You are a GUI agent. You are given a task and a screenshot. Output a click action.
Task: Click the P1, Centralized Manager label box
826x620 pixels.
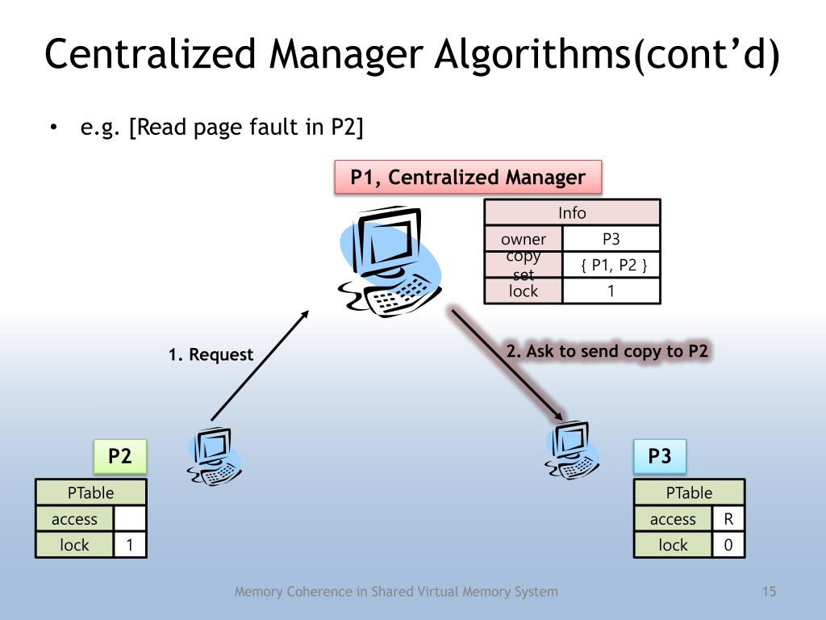[x=468, y=178]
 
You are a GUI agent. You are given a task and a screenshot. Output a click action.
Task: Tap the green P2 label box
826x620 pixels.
[x=119, y=456]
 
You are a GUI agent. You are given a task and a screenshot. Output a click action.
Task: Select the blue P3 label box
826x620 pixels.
[x=660, y=456]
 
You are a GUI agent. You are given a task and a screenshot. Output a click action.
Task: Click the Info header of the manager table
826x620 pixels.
[x=572, y=213]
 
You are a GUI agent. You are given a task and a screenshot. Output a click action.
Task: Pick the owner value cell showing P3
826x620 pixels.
[x=611, y=239]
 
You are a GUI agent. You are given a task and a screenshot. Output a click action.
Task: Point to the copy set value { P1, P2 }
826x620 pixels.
[x=611, y=265]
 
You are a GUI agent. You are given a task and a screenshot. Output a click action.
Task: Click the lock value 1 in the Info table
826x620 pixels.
[x=611, y=291]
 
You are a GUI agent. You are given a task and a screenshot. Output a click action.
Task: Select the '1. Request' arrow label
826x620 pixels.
[x=211, y=354]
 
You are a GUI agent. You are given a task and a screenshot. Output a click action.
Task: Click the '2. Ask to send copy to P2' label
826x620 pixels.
[x=607, y=351]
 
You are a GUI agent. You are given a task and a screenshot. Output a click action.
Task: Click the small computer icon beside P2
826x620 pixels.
[x=215, y=456]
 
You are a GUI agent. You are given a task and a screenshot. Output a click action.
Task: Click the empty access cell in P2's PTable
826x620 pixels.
[x=130, y=519]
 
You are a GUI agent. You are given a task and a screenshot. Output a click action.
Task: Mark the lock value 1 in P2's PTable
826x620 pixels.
[x=130, y=545]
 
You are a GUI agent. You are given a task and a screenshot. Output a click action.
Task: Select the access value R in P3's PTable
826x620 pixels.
[x=728, y=519]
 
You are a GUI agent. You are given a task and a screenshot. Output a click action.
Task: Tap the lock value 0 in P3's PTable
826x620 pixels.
[x=728, y=545]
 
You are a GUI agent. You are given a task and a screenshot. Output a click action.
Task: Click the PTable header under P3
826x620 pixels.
[x=689, y=492]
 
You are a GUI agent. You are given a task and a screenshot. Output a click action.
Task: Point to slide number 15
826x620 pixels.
[x=769, y=592]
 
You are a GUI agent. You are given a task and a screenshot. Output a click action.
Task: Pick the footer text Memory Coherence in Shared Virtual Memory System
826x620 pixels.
[x=395, y=592]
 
